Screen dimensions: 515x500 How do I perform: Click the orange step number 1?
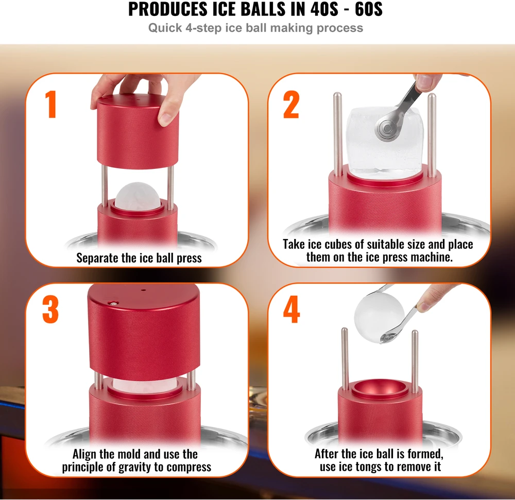tap(51, 104)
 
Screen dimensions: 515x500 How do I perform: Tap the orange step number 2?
tap(291, 105)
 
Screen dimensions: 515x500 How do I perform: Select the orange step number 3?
tap(50, 309)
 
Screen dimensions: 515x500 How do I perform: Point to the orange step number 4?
tap(291, 309)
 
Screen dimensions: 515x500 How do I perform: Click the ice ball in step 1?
tap(138, 197)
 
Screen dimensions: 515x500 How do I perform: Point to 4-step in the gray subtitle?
tap(203, 28)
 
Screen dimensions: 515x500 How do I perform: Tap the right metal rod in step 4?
tap(415, 361)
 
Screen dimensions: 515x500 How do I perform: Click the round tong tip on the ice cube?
tap(387, 128)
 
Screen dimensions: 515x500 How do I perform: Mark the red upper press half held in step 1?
tap(138, 132)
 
